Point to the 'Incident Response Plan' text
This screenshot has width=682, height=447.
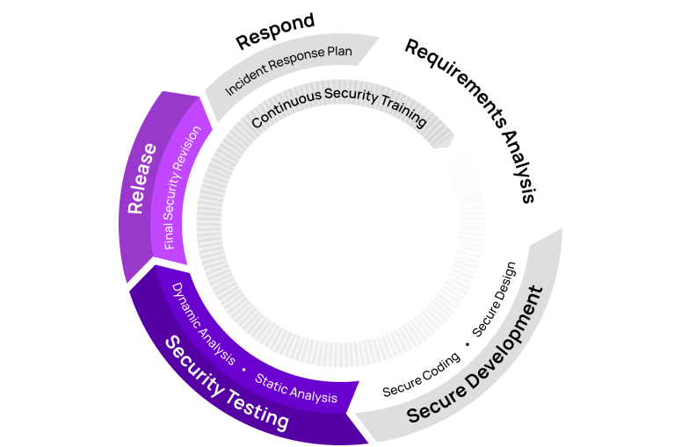[x=289, y=70]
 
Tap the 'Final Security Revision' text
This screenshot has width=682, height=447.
[x=183, y=187]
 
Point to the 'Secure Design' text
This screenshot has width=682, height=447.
[x=500, y=299]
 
